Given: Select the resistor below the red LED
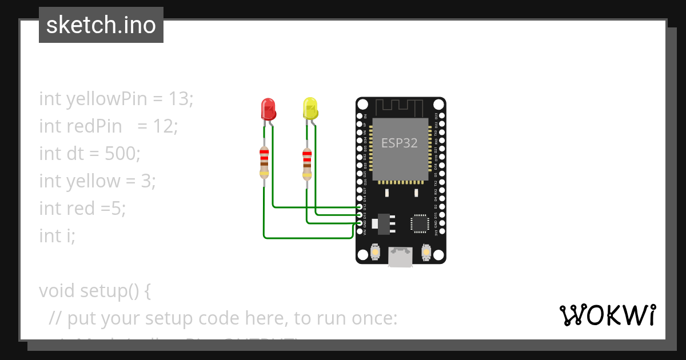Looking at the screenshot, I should [264, 162].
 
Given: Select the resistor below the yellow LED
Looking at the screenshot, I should [307, 163].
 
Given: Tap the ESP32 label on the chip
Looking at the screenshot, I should [400, 143].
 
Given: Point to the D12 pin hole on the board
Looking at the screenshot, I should [360, 206].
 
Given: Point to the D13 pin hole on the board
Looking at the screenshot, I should [360, 215].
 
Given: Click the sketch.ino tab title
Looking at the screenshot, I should [101, 25].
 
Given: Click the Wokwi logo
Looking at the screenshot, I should [607, 315].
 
